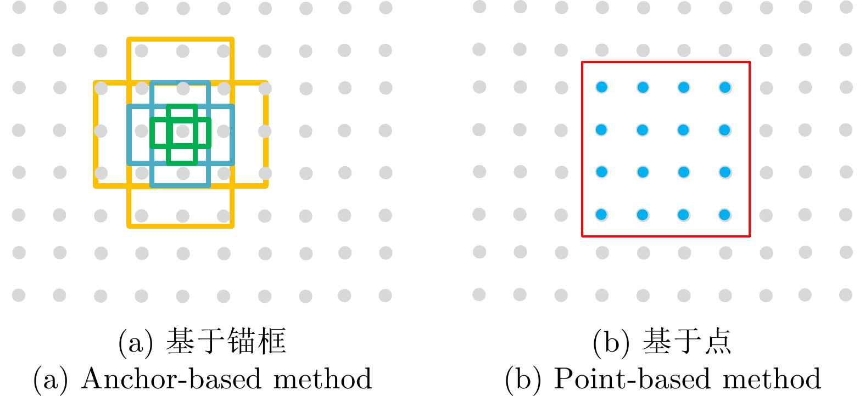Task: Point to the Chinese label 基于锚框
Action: coord(226,341)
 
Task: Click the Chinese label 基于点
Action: coord(687,341)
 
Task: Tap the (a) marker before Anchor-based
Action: coord(51,379)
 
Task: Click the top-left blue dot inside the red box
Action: coord(602,87)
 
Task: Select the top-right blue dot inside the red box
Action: coord(725,87)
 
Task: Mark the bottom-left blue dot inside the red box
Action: coord(602,214)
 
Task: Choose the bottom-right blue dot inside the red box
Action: coord(725,214)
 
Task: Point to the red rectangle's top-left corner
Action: coord(583,63)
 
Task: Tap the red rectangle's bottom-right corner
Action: coord(749,236)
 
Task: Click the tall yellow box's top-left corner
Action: coord(129,39)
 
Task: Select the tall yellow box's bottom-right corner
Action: coord(232,225)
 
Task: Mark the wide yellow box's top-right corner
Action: coord(266,83)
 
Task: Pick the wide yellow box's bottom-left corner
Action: coord(96,186)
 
